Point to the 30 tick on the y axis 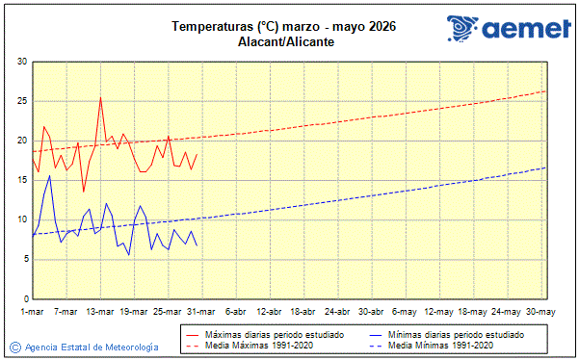point(21,62)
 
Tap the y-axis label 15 point(21,180)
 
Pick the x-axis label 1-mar point(33,311)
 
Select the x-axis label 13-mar point(100,311)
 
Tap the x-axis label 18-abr point(303,311)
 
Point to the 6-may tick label point(405,311)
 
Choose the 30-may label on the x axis point(540,311)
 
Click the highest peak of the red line point(100,96)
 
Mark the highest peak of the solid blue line point(50,175)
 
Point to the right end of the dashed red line point(545,90)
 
